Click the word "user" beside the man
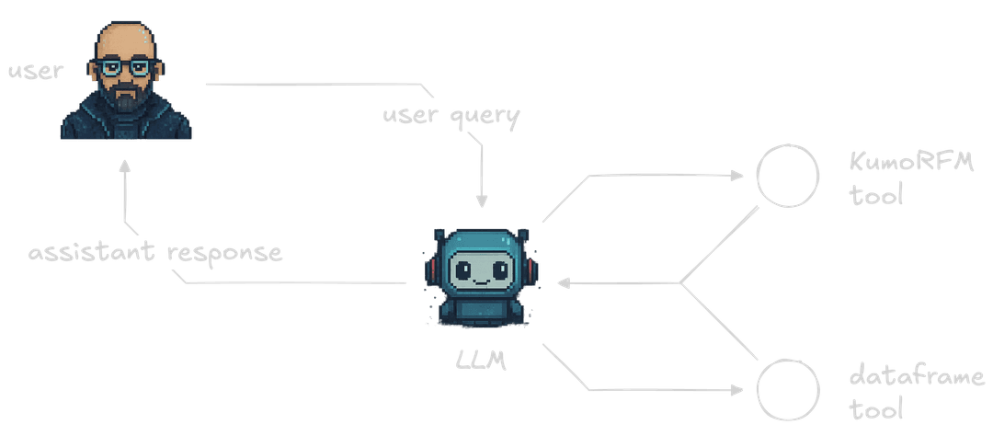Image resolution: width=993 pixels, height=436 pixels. click(35, 70)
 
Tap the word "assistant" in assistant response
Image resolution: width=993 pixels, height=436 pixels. click(94, 253)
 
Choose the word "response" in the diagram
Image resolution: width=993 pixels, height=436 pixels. click(225, 255)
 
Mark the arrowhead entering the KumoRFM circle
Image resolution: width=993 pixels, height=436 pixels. click(740, 174)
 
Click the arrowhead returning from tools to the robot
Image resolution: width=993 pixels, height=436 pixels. click(562, 283)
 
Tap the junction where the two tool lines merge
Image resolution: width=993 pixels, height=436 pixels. click(680, 282)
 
